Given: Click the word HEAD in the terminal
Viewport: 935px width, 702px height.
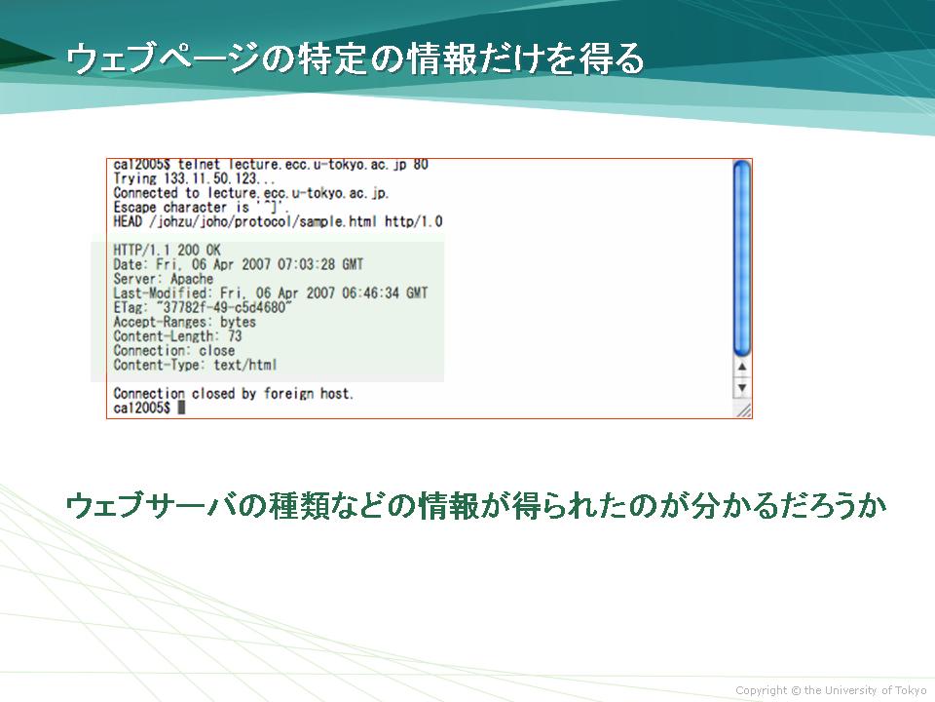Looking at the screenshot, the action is (x=128, y=222).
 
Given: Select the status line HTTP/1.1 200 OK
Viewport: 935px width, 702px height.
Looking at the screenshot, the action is (x=167, y=251).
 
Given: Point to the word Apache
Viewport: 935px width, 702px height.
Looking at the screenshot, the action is (x=192, y=279).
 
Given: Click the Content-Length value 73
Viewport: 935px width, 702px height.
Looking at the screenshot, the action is (x=235, y=336).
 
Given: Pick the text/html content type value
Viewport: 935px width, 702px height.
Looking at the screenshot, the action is (x=245, y=365).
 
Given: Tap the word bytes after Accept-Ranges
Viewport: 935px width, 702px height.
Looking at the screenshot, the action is (x=238, y=322).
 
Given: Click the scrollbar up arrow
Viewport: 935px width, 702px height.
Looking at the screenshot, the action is (x=742, y=368).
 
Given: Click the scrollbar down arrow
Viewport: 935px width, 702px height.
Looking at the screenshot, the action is (x=742, y=387).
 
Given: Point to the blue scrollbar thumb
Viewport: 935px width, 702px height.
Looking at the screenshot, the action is (x=742, y=258).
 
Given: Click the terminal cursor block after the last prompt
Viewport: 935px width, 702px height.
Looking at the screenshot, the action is (x=181, y=408).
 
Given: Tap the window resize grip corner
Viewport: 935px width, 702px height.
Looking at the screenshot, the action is (x=743, y=409).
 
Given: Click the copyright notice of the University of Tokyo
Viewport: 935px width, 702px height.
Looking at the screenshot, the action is (x=831, y=690).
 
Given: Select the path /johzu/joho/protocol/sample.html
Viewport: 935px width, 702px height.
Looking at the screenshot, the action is (x=263, y=222).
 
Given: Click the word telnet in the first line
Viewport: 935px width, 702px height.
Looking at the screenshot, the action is (x=199, y=164).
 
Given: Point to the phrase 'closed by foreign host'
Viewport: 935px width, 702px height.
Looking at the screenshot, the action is (x=273, y=393).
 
